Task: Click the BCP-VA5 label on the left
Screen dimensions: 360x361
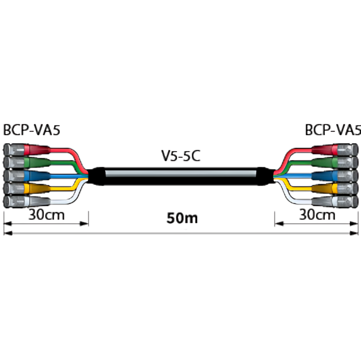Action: (x=32, y=130)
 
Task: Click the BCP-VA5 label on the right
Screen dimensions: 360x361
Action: (x=332, y=130)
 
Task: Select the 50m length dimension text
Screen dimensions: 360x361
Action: (x=182, y=218)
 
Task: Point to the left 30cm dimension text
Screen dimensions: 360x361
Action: (x=47, y=215)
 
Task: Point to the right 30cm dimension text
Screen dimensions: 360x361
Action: (x=317, y=215)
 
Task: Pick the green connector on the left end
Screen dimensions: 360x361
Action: (x=26, y=163)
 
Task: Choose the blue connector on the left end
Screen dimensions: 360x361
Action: (x=26, y=175)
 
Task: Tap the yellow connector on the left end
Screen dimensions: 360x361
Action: (x=26, y=188)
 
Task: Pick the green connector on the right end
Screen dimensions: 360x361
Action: (x=335, y=163)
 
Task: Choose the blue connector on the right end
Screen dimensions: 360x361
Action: (x=335, y=175)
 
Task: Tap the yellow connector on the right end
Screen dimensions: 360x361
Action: (x=335, y=188)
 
